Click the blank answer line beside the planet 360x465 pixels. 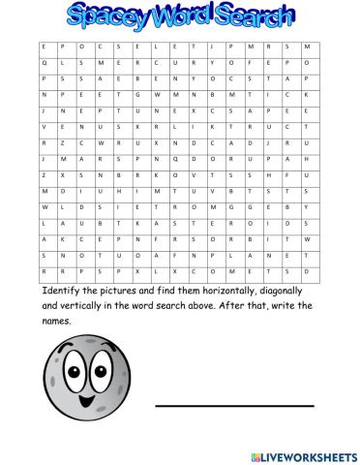click(235, 405)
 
